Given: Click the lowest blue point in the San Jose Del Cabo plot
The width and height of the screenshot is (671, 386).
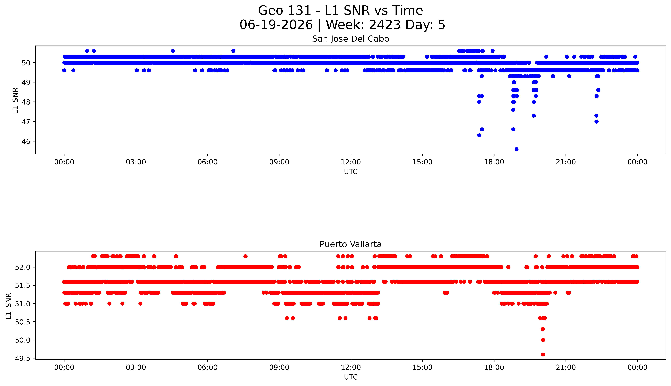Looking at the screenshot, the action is (x=516, y=149).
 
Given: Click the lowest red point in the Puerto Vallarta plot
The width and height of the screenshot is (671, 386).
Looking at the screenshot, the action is (x=543, y=354).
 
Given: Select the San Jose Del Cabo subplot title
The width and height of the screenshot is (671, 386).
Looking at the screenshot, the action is (x=351, y=39).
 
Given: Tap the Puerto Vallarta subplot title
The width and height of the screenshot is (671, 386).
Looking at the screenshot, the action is (x=351, y=244).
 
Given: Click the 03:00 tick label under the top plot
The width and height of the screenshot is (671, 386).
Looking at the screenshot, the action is (x=136, y=162).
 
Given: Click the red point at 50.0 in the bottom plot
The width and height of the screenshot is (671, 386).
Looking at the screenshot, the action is (x=543, y=340).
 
